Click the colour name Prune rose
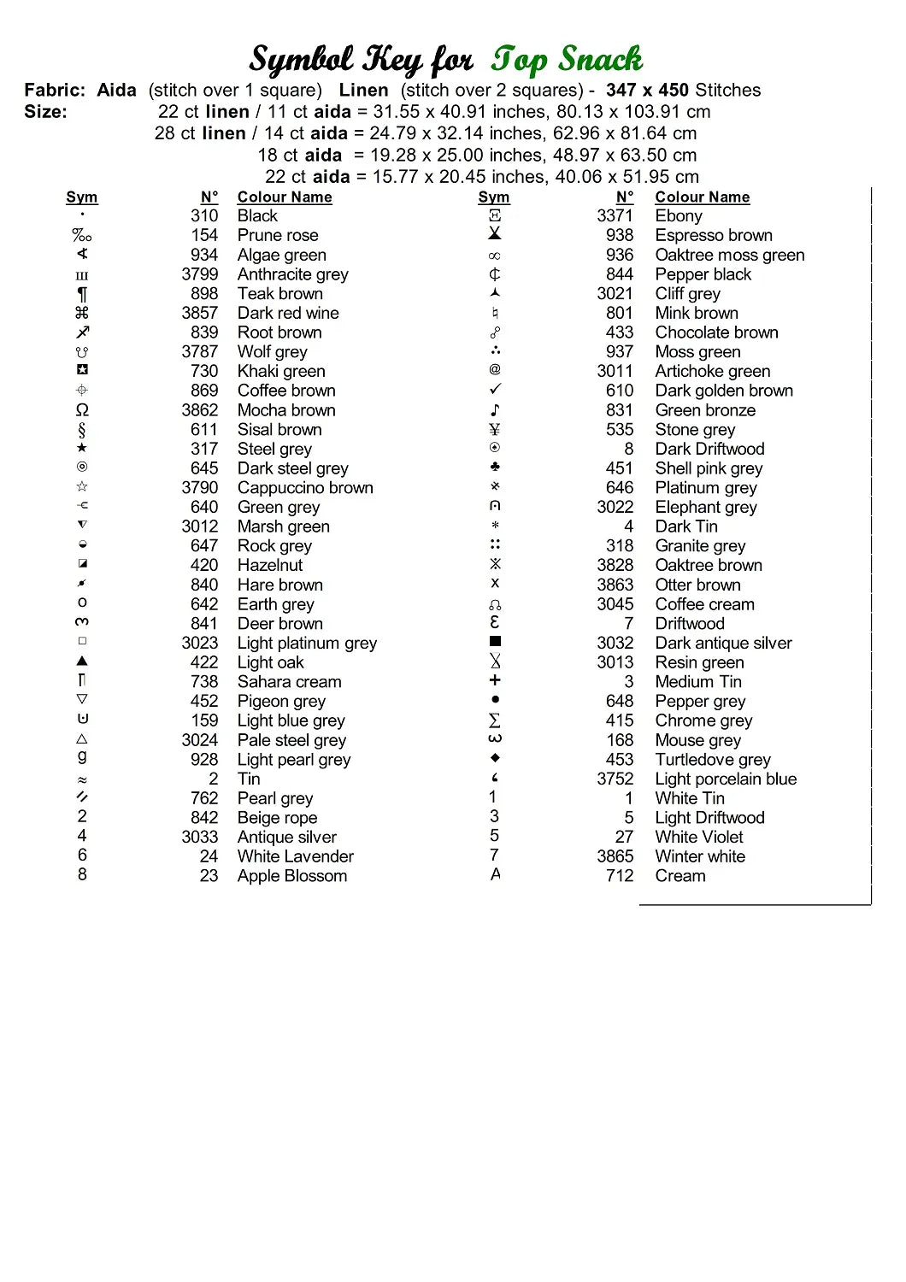278,235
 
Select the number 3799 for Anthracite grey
200,274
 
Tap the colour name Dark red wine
288,313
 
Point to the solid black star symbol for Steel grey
82,448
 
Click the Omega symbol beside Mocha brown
82,410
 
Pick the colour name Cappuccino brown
305,488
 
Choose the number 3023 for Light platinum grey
200,643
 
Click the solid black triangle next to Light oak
82,661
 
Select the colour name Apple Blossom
292,876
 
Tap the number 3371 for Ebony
615,215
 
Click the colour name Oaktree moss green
730,255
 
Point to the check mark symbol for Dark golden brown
495,390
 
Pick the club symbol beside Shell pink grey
495,467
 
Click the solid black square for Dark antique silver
495,641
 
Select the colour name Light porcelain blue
726,779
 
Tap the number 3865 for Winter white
615,856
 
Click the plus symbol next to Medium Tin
495,680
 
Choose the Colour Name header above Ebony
703,197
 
